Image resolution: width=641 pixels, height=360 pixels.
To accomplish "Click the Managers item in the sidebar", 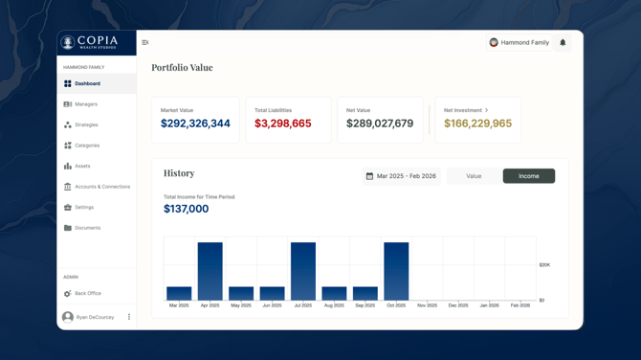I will click(x=86, y=104).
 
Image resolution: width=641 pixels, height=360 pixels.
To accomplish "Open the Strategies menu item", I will click(x=86, y=124).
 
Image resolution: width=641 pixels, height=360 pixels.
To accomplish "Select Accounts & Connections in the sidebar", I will click(x=101, y=187).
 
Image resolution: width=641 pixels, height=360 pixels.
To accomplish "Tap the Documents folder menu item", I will click(x=87, y=228).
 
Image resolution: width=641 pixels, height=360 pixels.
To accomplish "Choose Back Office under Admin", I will click(x=87, y=294).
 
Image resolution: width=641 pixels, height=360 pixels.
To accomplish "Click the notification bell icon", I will click(x=563, y=42).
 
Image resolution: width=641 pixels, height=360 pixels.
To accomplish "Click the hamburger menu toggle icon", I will click(x=145, y=42).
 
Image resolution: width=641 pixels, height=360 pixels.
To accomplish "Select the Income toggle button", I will click(x=528, y=176).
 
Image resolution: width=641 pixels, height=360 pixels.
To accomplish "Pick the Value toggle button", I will click(x=474, y=176).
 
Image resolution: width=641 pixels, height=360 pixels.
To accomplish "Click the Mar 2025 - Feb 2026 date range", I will click(x=401, y=176).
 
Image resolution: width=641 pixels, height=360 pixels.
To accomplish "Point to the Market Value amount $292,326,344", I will click(x=195, y=124).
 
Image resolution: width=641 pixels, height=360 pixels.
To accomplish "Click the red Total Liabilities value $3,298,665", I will click(x=282, y=124).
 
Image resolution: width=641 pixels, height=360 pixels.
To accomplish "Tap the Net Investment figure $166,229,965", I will click(x=477, y=124).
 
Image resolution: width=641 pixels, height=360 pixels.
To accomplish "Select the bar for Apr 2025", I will click(x=210, y=272).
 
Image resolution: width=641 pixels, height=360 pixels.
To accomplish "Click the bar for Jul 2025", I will click(x=303, y=272).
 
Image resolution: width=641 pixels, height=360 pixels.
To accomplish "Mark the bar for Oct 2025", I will click(x=396, y=272).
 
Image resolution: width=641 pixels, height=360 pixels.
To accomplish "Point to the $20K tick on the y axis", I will click(x=544, y=265).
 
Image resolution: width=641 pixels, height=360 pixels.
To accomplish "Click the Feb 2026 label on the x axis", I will click(x=519, y=305).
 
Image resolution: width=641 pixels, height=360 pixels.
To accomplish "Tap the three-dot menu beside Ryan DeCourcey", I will click(x=129, y=317).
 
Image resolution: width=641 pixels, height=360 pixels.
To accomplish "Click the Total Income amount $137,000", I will click(x=186, y=209).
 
